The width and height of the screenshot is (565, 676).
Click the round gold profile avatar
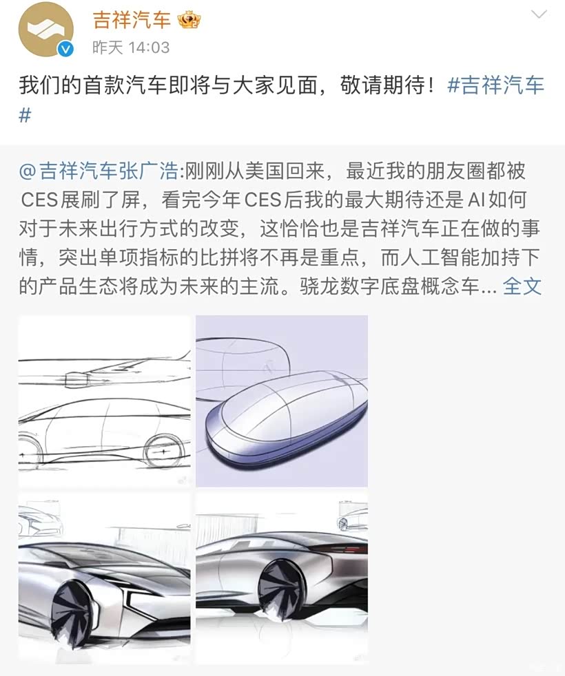pyautogui.click(x=45, y=30)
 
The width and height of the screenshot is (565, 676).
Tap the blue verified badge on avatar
pyautogui.click(x=65, y=49)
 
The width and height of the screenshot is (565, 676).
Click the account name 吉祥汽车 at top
pyautogui.click(x=132, y=20)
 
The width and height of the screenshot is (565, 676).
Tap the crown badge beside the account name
pyautogui.click(x=189, y=20)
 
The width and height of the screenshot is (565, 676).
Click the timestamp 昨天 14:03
pyautogui.click(x=131, y=47)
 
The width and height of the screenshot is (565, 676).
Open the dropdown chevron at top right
pyautogui.click(x=539, y=14)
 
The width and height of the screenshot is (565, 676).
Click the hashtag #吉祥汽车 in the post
pyautogui.click(x=495, y=85)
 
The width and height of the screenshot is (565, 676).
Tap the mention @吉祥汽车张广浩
pyautogui.click(x=99, y=171)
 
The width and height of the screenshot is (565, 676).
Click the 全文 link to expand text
pyautogui.click(x=522, y=286)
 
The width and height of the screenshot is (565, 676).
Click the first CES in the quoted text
pyautogui.click(x=39, y=200)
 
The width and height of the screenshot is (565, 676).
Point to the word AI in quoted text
pyautogui.click(x=473, y=200)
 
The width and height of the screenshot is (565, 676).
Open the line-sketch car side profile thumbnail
pyautogui.click(x=105, y=401)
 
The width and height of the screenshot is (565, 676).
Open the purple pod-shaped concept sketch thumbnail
pyautogui.click(x=282, y=401)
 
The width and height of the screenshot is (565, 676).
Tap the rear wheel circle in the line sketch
pyautogui.click(x=163, y=452)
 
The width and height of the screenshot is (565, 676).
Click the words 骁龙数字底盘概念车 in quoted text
pyautogui.click(x=389, y=286)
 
